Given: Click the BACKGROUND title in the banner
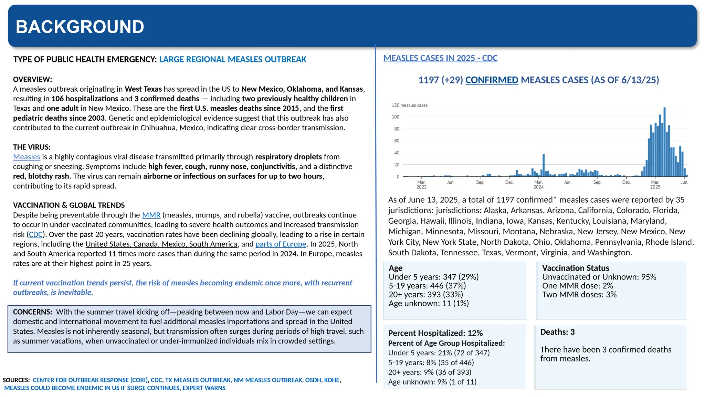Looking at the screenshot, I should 80,27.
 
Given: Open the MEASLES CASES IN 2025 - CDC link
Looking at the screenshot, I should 440,58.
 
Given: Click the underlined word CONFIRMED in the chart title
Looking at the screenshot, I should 492,80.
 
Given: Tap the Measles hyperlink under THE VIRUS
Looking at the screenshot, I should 27,157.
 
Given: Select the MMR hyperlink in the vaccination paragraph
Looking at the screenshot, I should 151,215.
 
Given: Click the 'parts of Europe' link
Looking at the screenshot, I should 281,244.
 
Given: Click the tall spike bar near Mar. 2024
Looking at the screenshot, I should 544,165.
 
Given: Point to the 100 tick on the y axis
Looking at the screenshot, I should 396,117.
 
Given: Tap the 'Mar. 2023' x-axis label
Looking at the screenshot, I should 421,184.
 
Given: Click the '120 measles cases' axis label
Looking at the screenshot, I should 409,105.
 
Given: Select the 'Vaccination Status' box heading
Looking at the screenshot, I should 576,268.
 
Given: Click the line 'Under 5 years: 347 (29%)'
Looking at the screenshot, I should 433,277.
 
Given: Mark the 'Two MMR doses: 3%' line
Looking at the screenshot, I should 579,295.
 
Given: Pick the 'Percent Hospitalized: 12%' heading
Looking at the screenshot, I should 435,333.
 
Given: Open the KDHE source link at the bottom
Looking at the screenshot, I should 332,380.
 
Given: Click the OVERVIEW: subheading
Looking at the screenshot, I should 33,80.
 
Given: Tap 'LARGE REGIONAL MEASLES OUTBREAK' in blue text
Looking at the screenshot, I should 232,60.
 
